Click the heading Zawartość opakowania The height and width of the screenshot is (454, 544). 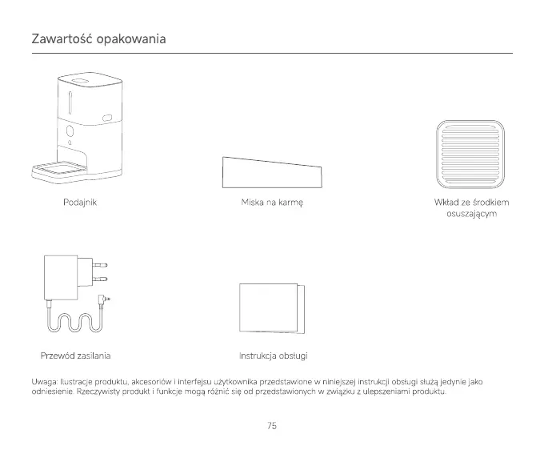pos(98,39)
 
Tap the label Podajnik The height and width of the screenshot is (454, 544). pos(80,203)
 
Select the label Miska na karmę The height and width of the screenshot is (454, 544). pos(272,203)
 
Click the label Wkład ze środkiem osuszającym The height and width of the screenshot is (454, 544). pos(472,209)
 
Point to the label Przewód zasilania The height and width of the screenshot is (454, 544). pos(75,355)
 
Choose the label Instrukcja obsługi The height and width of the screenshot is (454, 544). pos(274,355)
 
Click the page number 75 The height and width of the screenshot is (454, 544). pos(272,426)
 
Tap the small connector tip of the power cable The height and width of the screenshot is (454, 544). pos(106,300)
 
